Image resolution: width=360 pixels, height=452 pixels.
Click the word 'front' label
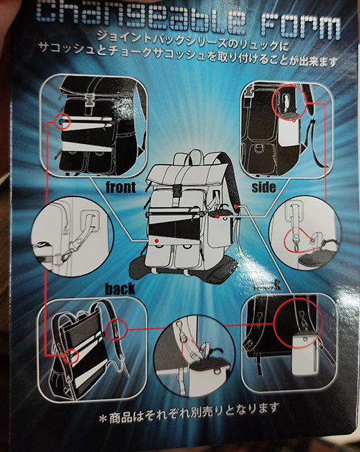pyautogui.click(x=120, y=187)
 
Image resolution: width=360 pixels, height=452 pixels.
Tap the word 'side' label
pyautogui.click(x=264, y=187)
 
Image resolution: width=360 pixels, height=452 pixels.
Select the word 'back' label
pyautogui.click(x=120, y=289)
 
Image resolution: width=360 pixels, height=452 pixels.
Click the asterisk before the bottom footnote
pyautogui.click(x=103, y=419)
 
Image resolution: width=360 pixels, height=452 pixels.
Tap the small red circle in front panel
pyautogui.click(x=63, y=121)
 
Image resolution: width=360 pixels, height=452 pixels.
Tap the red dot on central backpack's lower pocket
pyautogui.click(x=156, y=240)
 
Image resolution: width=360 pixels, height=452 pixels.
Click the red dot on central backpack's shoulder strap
pyautogui.click(x=236, y=207)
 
